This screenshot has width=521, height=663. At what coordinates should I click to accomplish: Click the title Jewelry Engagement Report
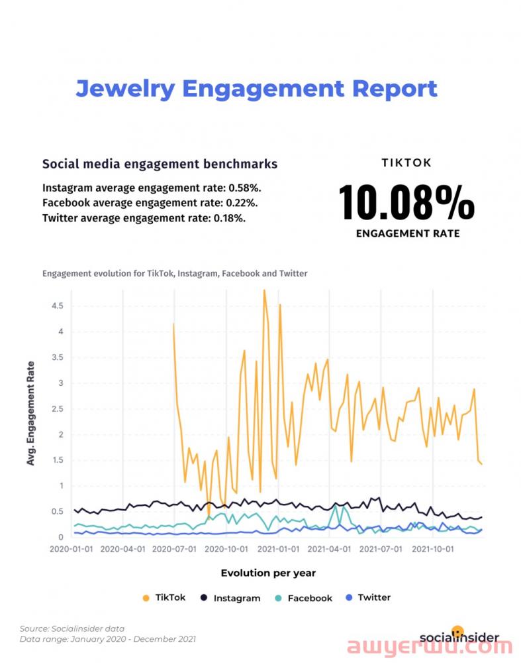(256, 88)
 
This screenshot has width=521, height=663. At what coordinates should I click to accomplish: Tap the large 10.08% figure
(406, 202)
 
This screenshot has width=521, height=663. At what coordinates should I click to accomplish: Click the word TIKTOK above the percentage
(406, 162)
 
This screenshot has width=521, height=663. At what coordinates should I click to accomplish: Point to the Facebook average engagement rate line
(150, 202)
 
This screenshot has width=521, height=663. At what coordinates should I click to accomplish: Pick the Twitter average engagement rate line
(144, 217)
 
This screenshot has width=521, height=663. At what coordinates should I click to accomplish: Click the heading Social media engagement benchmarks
(160, 164)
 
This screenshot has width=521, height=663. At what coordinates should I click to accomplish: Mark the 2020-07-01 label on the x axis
(175, 550)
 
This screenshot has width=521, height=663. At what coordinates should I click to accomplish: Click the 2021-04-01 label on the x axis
(329, 550)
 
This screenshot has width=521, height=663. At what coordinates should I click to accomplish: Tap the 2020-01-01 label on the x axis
(72, 550)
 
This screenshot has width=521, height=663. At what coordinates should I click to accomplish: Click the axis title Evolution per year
(268, 573)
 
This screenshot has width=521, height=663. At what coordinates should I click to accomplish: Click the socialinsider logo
(459, 636)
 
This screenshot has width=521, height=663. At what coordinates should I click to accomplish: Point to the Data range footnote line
(108, 639)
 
